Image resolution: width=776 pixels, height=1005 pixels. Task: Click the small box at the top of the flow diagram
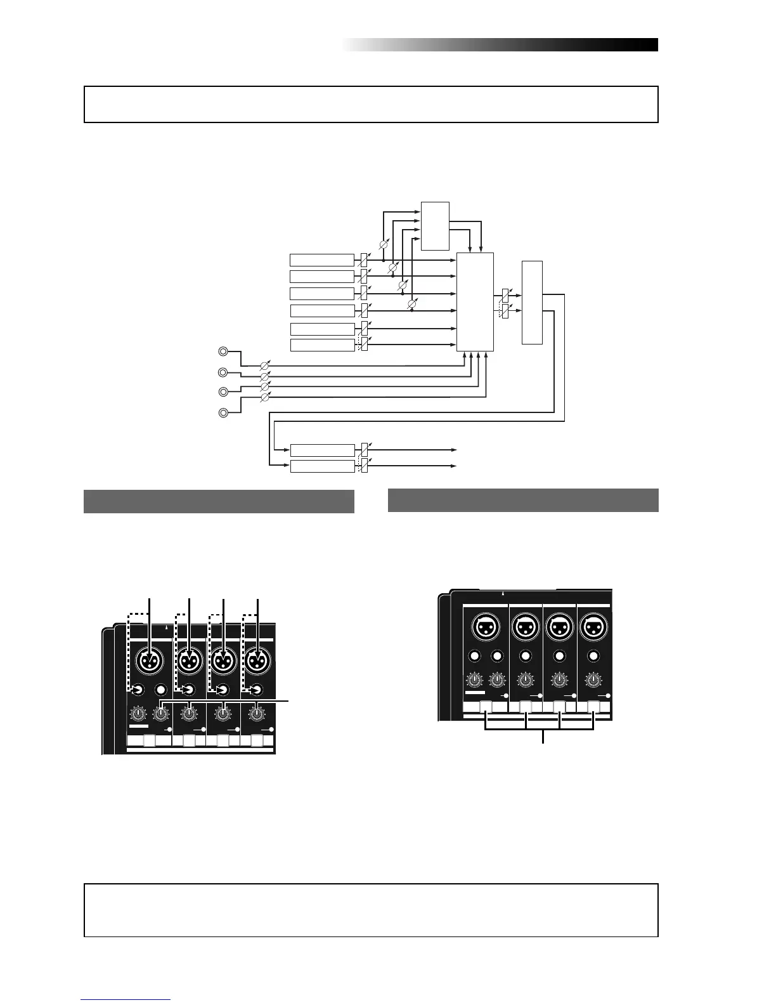(435, 226)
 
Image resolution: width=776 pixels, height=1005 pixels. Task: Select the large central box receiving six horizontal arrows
(475, 301)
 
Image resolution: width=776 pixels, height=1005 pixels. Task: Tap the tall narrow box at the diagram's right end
(532, 302)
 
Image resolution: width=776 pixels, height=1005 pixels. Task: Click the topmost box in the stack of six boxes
(321, 260)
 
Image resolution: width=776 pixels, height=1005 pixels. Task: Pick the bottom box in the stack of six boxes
(322, 345)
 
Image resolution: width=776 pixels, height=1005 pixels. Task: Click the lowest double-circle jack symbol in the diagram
(223, 414)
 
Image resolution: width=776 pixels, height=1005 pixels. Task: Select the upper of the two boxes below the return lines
(322, 450)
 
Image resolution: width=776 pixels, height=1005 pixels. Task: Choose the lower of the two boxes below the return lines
(322, 467)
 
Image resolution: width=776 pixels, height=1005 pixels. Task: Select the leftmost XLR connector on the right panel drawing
(486, 627)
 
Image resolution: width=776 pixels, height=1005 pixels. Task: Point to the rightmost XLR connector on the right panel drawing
(593, 627)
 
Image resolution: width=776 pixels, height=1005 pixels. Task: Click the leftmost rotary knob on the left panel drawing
(137, 714)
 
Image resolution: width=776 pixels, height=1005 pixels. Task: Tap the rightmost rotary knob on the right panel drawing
(593, 680)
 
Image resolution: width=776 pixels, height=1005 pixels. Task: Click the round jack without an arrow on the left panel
(162, 690)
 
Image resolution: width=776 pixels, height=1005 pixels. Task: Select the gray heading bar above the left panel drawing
(219, 501)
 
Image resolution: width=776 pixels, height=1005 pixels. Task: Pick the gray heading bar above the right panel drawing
(523, 500)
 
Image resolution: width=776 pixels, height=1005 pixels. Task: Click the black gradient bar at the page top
(501, 45)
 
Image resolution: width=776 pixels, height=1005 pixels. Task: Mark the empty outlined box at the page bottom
(371, 910)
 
